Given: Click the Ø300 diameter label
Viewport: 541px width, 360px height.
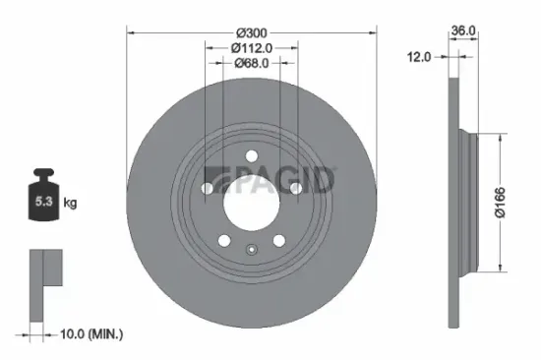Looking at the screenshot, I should point(253,31).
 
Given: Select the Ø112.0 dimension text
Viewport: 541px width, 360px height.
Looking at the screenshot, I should point(253,48).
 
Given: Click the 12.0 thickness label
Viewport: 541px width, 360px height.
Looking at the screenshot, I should point(420,57).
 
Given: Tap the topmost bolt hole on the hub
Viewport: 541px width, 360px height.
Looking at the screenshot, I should point(252,154).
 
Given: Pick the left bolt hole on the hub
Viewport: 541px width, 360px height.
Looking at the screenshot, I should point(209,188).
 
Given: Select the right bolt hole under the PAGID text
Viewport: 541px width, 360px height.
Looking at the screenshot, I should point(295,188).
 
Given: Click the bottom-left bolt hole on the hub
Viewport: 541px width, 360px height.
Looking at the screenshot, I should point(225,239).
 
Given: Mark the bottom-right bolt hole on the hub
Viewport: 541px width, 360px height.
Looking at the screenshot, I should point(278,239).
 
